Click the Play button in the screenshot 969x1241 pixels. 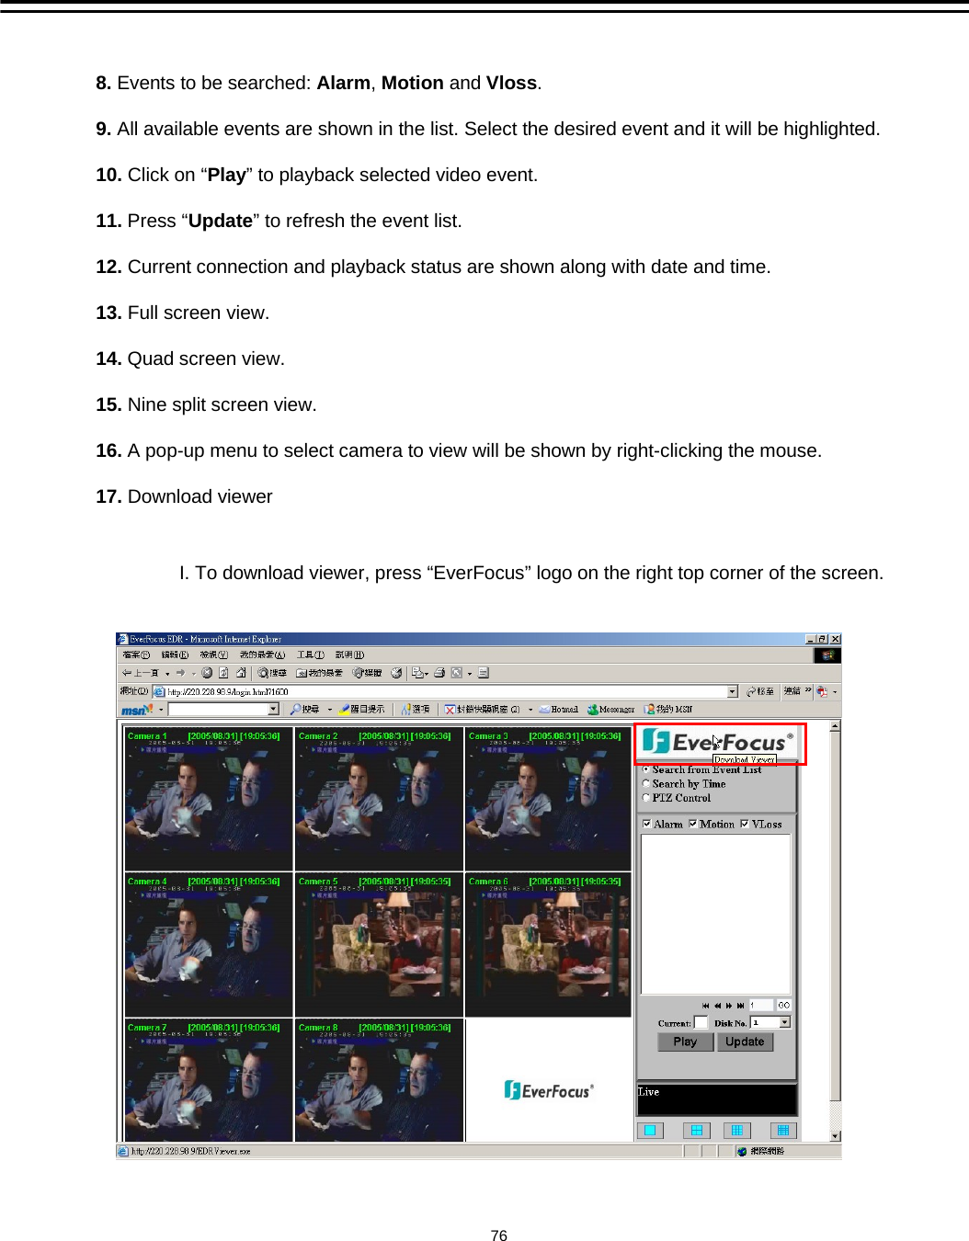pos(685,1042)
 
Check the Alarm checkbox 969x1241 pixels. pos(647,824)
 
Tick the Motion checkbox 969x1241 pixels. pos(693,824)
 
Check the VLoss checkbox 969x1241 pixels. pos(745,824)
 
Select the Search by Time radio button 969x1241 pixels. pos(646,784)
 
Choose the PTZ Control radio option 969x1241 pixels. pos(646,798)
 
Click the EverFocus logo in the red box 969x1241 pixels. pos(718,742)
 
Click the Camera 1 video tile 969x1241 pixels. pos(209,798)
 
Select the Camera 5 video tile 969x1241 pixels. pos(379,944)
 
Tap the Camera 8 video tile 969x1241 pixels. pos(379,1081)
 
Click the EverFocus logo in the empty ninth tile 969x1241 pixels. pos(549,1090)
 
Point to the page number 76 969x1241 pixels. pos(498,1235)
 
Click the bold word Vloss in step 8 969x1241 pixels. pos(511,83)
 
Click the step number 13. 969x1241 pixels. pos(108,313)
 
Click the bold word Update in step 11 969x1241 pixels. pos(220,221)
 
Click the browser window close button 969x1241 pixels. pos(835,639)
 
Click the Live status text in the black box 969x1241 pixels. pos(649,1092)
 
